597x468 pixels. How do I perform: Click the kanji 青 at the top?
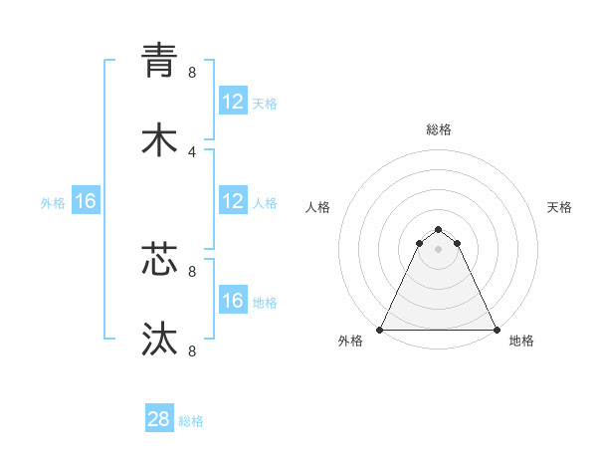pos(159,59)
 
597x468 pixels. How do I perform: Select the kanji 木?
pos(159,139)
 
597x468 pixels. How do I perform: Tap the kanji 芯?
pos(159,258)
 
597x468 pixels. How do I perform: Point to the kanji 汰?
pos(159,339)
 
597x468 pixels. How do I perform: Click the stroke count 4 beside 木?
pos(192,151)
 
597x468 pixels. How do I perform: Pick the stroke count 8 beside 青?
pos(192,72)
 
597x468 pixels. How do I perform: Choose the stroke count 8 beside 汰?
pos(192,351)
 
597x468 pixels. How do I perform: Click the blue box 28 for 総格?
pos(159,419)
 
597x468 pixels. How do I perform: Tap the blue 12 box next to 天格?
pos(232,101)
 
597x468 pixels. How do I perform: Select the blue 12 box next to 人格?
pos(232,201)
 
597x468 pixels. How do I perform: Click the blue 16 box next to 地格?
pos(232,300)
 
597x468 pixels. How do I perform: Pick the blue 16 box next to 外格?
pos(85,201)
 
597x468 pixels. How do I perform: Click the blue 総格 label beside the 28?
pos(191,421)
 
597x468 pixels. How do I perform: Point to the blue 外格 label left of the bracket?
pos(53,202)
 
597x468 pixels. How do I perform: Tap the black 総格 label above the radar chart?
pos(439,129)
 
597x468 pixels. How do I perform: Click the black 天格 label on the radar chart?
pos(559,207)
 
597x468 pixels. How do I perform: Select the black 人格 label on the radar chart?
pos(318,207)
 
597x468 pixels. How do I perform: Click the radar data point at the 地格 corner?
pos(497,330)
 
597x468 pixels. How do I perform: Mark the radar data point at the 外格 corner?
pos(380,330)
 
